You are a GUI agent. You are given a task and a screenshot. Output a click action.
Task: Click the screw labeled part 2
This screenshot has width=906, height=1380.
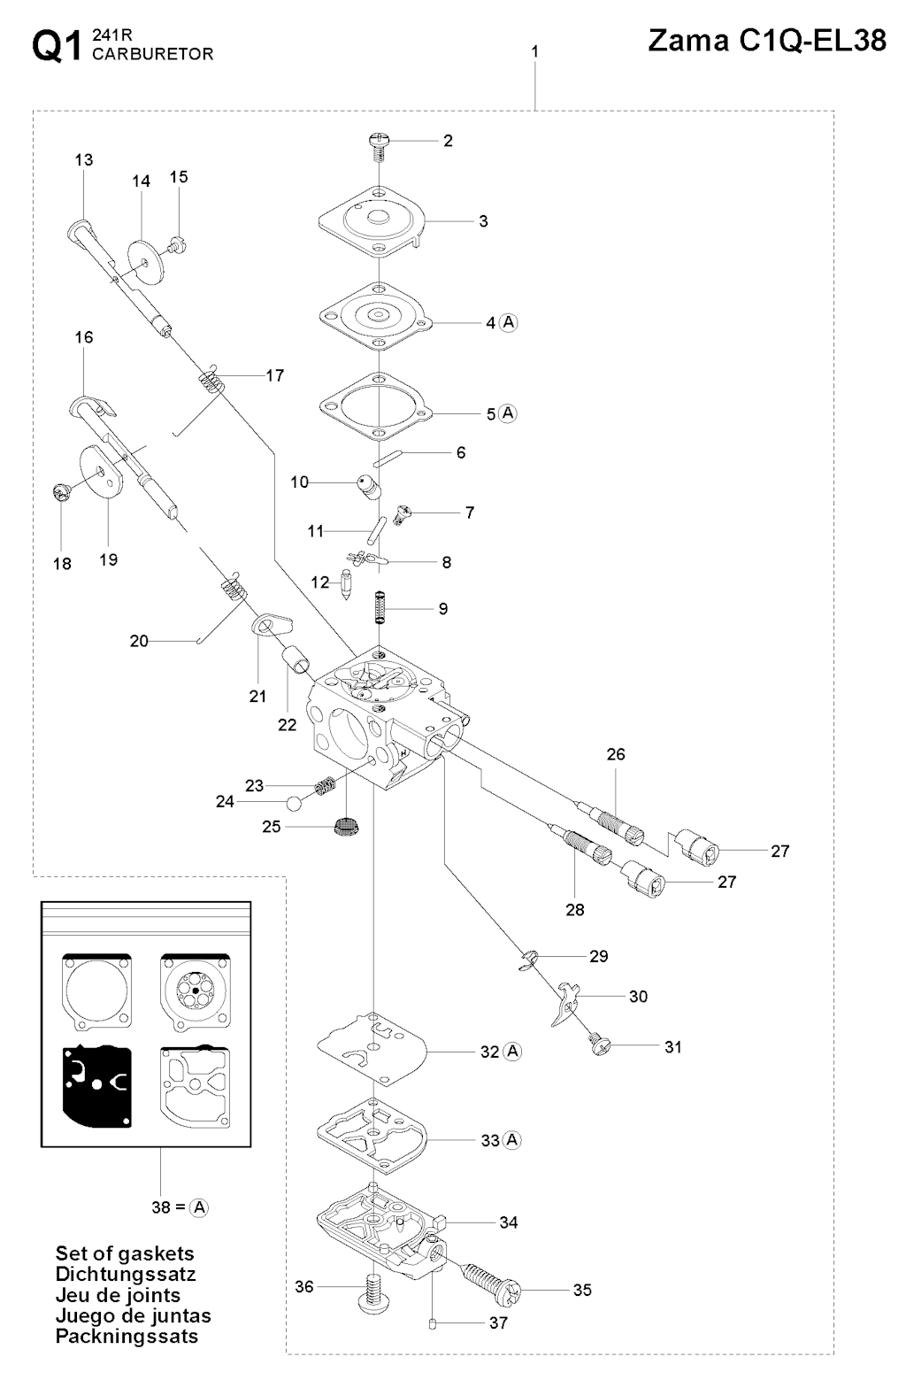click(x=379, y=144)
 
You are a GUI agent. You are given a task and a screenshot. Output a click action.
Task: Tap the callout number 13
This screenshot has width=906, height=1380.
click(x=84, y=160)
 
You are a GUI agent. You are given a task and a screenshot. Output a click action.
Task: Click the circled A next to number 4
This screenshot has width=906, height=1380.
click(x=509, y=322)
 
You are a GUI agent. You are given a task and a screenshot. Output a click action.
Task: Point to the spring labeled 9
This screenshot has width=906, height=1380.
click(x=380, y=608)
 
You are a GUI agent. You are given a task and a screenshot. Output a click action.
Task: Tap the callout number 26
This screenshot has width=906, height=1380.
click(x=616, y=754)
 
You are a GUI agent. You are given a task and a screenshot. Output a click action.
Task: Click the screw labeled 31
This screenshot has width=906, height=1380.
click(x=599, y=1047)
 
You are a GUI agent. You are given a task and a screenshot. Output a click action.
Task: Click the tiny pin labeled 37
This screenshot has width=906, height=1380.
click(x=433, y=1324)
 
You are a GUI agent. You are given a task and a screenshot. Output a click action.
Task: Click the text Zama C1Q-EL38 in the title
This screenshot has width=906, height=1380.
click(x=767, y=42)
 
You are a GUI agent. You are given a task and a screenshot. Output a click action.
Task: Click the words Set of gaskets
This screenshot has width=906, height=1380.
click(x=125, y=1253)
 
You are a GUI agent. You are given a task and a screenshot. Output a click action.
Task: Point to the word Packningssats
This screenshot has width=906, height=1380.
click(x=127, y=1336)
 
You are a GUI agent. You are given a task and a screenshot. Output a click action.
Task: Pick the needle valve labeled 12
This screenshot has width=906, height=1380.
click(x=346, y=587)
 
